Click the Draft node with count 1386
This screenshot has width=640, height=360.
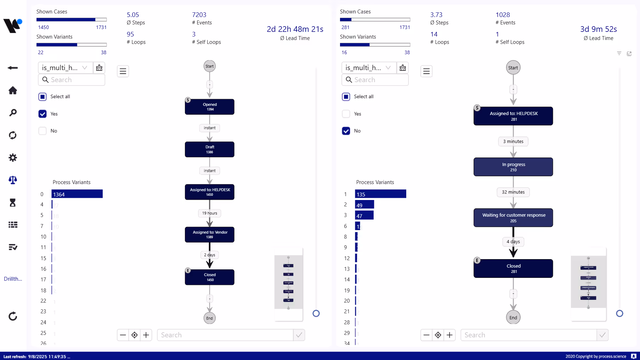[x=209, y=149]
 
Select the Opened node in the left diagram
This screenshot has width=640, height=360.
[x=209, y=107]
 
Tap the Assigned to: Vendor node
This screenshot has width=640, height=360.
[x=209, y=234]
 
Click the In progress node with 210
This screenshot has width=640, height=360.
[x=513, y=167]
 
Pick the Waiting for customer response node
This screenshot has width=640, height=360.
[x=513, y=217]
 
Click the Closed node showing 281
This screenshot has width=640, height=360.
[x=513, y=268]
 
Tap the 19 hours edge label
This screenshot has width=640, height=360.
[x=209, y=213]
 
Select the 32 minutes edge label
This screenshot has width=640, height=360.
[x=513, y=192]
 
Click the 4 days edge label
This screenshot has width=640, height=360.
[x=513, y=241]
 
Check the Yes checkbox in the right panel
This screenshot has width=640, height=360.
[x=346, y=114]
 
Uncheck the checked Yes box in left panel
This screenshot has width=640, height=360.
[x=43, y=114]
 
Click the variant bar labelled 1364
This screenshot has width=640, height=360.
[x=77, y=194]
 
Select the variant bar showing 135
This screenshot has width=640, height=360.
[x=380, y=194]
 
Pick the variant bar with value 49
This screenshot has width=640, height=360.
[x=364, y=205]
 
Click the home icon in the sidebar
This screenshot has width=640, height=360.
[x=13, y=91]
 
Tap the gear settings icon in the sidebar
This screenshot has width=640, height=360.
[x=13, y=158]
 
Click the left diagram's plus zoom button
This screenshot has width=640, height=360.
[x=146, y=335]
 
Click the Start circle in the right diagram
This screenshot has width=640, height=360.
[x=513, y=68]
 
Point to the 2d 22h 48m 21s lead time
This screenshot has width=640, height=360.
[x=295, y=29]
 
